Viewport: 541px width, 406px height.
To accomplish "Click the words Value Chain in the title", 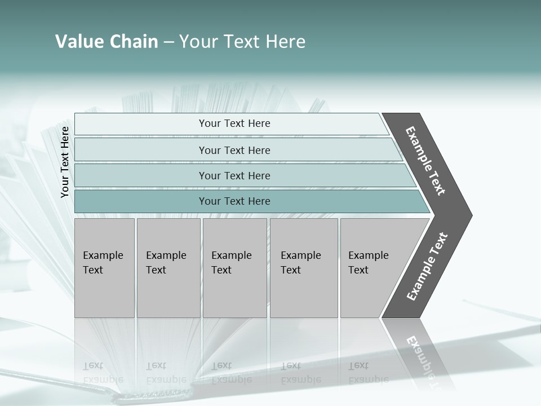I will pyautogui.click(x=107, y=42).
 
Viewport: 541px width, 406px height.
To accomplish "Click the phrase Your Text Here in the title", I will pyautogui.click(x=242, y=42).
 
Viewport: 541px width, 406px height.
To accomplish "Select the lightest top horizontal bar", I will pyautogui.click(x=141, y=124).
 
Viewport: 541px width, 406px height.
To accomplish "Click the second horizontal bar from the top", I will pyautogui.click(x=141, y=150).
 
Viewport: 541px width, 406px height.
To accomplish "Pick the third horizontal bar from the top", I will pyautogui.click(x=141, y=175).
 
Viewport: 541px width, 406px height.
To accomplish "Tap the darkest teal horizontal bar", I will pyautogui.click(x=141, y=201).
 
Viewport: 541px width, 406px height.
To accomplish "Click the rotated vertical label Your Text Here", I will pyautogui.click(x=65, y=162).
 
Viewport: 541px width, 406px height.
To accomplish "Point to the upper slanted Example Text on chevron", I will pyautogui.click(x=425, y=161).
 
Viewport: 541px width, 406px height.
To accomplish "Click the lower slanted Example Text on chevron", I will pyautogui.click(x=427, y=266).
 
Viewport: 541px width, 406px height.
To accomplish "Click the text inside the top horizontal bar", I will pyautogui.click(x=234, y=123).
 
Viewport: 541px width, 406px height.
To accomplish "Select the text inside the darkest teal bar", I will pyautogui.click(x=234, y=201).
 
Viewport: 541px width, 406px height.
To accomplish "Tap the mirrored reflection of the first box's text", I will pyautogui.click(x=103, y=372).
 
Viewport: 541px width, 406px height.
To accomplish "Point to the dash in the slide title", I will pyautogui.click(x=168, y=42).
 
